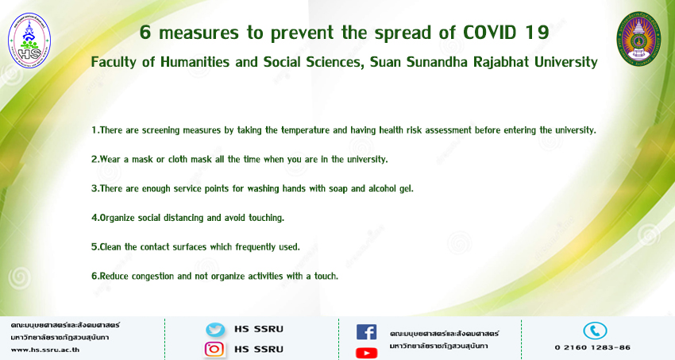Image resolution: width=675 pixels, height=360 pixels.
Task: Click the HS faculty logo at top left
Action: pos(29,40)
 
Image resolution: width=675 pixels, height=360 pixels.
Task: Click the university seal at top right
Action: pos(638,39)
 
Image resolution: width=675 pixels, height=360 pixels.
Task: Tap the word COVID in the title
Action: pos(489,33)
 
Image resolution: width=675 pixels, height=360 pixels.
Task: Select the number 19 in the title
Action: pos(538,33)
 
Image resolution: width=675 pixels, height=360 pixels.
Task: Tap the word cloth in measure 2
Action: pos(177,159)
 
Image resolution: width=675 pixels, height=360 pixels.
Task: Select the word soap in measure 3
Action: pos(338,188)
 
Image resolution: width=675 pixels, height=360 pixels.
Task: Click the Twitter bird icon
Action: pos(215,330)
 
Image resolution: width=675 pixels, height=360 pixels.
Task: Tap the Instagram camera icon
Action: pos(214,349)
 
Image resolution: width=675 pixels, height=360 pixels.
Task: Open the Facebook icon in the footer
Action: pos(366,332)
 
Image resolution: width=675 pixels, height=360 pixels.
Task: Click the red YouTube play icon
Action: pos(366,353)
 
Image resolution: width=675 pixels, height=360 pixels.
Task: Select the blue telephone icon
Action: pos(595,331)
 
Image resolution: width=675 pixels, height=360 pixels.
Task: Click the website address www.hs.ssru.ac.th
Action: pos(44,350)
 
